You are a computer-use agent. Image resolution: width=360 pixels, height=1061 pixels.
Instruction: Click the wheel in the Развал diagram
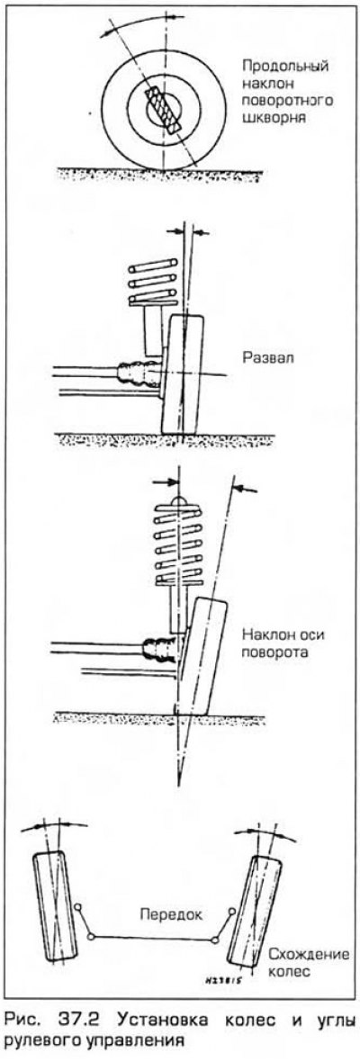click(x=182, y=374)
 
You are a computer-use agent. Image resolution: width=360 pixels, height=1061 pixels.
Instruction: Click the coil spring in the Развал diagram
click(x=152, y=283)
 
